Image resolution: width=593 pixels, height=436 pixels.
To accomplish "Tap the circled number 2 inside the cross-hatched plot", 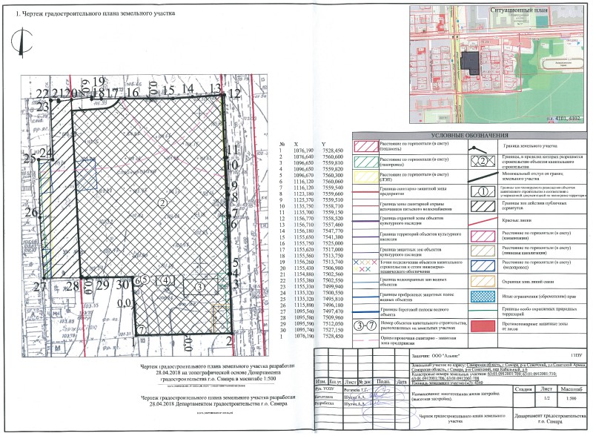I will coord(162,202).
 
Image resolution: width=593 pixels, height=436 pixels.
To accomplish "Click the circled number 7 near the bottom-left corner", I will coord(142,327).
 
